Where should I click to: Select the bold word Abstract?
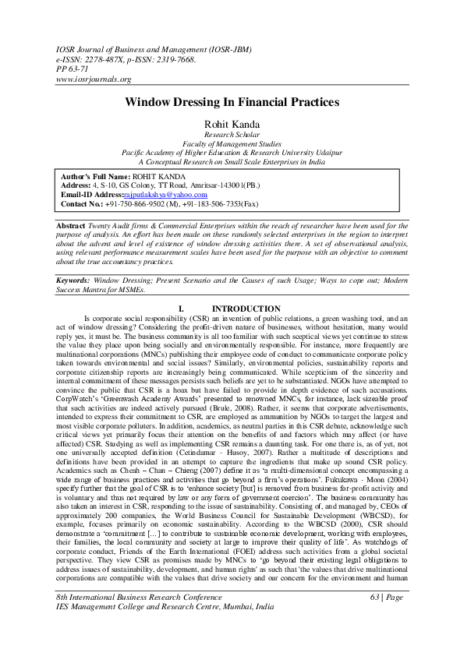point(76,225)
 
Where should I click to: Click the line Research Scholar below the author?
point(231,134)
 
